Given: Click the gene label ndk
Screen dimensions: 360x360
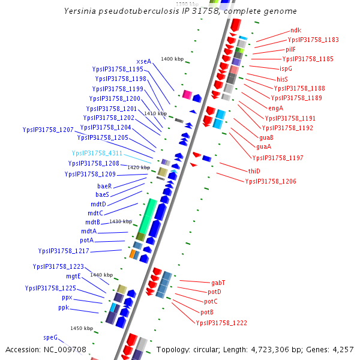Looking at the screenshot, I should (296, 30).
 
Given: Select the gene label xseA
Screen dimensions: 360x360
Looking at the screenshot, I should (144, 61).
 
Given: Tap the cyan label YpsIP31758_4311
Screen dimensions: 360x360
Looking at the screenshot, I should (97, 154).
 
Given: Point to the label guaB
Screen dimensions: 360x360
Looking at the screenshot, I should (266, 137).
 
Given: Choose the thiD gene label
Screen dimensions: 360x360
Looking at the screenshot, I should (254, 171).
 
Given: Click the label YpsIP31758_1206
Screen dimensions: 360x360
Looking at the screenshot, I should (270, 181).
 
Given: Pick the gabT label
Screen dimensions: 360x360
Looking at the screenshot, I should (218, 282).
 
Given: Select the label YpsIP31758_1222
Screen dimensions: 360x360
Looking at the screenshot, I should (221, 323).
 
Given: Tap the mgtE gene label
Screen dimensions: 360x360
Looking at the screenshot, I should (74, 277).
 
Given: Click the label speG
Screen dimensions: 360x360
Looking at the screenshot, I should (50, 338).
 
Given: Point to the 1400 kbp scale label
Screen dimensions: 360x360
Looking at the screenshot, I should (172, 59).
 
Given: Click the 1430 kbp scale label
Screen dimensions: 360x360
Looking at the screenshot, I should (121, 222).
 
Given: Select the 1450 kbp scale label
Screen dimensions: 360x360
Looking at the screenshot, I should (82, 329).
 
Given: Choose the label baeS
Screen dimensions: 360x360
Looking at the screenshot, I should (103, 194).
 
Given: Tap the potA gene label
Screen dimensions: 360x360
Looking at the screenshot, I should (87, 240).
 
